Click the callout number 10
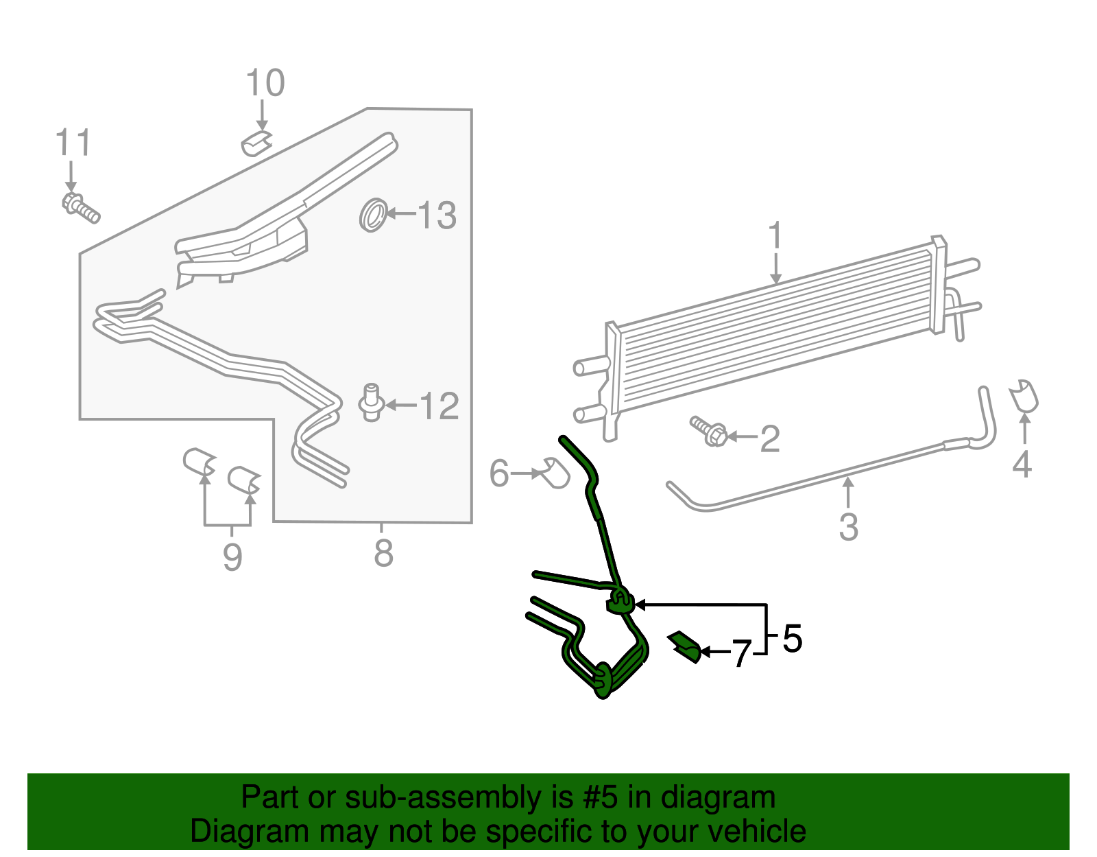265,84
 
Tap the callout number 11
73,143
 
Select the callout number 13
437,215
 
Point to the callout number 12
439,406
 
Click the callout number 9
232,556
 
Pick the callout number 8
383,552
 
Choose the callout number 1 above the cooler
775,236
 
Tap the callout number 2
770,438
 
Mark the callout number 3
849,527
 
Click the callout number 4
1022,465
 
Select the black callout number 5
792,639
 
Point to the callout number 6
499,473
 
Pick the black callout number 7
741,653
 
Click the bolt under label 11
81,208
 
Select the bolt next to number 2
709,431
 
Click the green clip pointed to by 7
685,647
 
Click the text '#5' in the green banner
601,798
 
